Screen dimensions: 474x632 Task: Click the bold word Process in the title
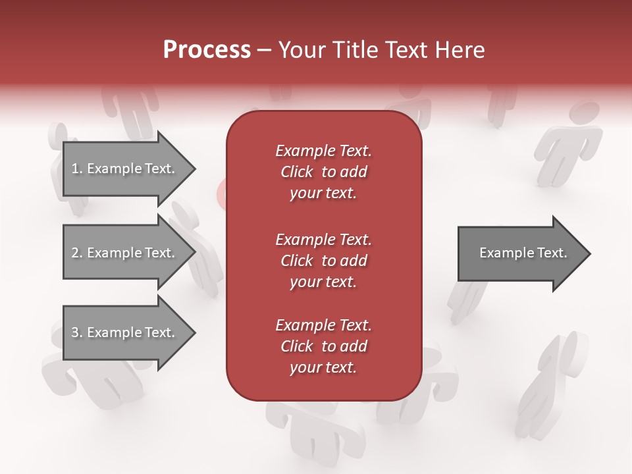[207, 50]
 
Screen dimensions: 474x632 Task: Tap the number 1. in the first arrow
[76, 169]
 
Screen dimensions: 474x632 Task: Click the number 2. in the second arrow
[76, 253]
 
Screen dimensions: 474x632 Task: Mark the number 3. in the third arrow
[76, 332]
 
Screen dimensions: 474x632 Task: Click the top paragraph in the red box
[323, 172]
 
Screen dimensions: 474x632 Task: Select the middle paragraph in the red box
[323, 261]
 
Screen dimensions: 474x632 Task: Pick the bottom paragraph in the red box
[323, 346]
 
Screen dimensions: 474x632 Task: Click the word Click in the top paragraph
[296, 172]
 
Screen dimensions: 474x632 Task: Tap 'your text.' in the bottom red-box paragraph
[323, 367]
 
